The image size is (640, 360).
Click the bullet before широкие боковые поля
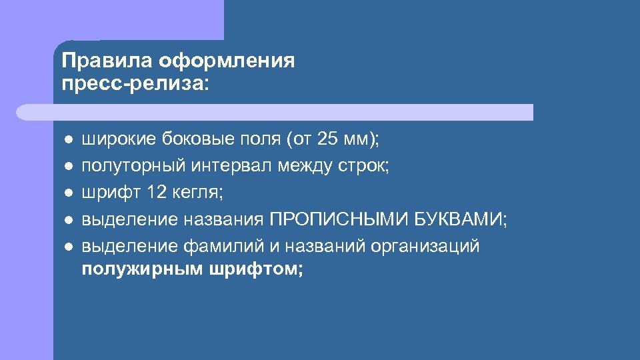pos(68,140)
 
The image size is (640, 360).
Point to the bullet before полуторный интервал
pos(68,167)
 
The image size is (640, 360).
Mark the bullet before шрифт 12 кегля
pos(68,193)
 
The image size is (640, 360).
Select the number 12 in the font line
pos(157,193)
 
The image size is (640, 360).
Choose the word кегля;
pos(199,193)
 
